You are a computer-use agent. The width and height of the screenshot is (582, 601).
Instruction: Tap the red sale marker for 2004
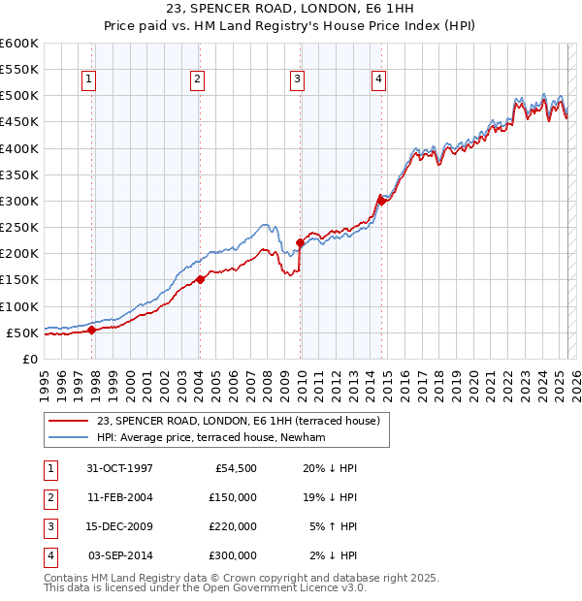(x=200, y=279)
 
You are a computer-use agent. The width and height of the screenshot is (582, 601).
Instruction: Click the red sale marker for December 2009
(x=300, y=242)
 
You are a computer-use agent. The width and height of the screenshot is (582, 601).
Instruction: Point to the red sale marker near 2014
(x=381, y=201)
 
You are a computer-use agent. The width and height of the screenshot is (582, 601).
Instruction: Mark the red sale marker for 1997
(x=92, y=330)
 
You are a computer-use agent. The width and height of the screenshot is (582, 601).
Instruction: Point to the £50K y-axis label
(x=22, y=332)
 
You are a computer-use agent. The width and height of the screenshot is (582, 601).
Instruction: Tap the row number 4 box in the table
(x=48, y=556)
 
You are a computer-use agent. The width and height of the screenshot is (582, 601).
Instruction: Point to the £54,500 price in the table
(x=233, y=467)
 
